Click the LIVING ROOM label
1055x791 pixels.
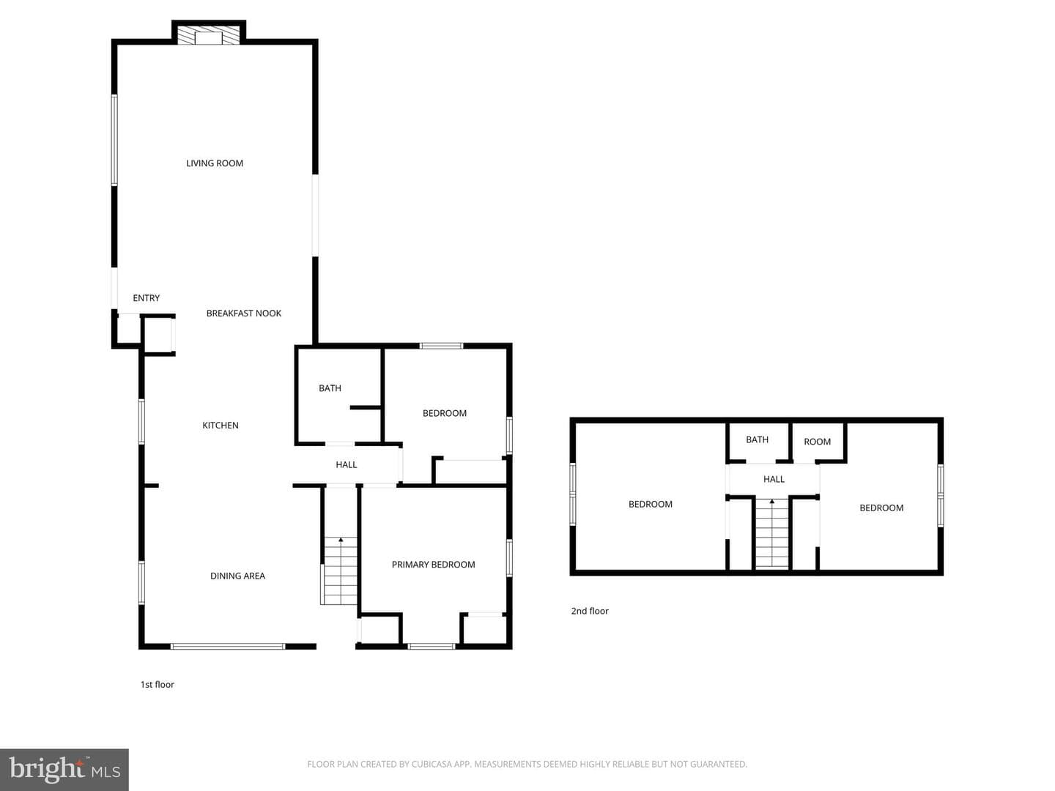pyautogui.click(x=215, y=163)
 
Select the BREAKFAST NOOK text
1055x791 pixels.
pyautogui.click(x=244, y=313)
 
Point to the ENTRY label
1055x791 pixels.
pyautogui.click(x=146, y=298)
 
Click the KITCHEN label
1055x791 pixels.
pyautogui.click(x=220, y=425)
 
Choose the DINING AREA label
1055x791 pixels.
pyautogui.click(x=237, y=576)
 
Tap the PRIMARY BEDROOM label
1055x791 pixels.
pyautogui.click(x=433, y=564)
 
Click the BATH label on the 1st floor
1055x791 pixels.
pyautogui.click(x=330, y=388)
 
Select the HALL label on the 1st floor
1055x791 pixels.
pyautogui.click(x=346, y=464)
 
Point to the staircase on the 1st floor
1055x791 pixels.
pyautogui.click(x=340, y=571)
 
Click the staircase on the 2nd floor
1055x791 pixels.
pyautogui.click(x=772, y=534)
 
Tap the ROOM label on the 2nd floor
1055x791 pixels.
pyautogui.click(x=817, y=442)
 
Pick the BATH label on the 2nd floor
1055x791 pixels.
pyautogui.click(x=757, y=439)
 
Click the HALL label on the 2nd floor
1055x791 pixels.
pyautogui.click(x=774, y=479)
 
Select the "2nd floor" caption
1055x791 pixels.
pyautogui.click(x=590, y=611)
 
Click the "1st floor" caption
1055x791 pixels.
pyautogui.click(x=158, y=684)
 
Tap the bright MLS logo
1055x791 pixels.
pyautogui.click(x=64, y=769)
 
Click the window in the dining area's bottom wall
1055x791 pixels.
pyautogui.click(x=228, y=647)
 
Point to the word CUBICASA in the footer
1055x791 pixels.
pyautogui.click(x=431, y=764)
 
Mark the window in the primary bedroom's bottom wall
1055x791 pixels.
pyautogui.click(x=431, y=647)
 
